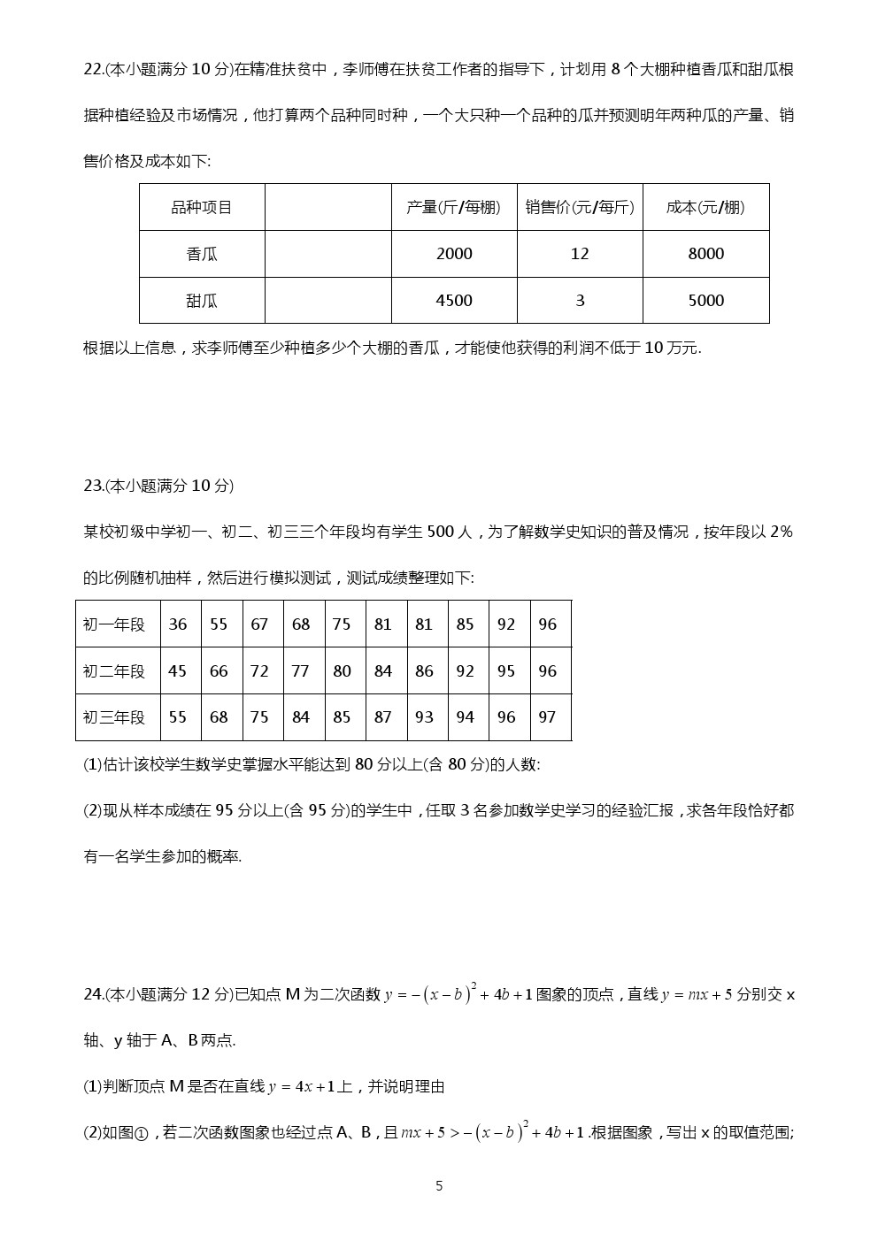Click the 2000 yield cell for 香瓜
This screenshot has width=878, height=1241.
(454, 254)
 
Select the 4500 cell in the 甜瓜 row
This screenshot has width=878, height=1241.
(454, 301)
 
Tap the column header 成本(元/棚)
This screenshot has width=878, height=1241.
(705, 207)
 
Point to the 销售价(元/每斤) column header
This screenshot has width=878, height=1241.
(580, 207)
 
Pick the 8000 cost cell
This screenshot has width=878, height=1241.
(705, 254)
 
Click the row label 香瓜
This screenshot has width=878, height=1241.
(202, 254)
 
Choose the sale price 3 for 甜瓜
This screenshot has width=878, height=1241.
(580, 301)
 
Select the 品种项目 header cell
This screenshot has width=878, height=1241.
(202, 207)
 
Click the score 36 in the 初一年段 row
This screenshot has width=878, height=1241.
(178, 624)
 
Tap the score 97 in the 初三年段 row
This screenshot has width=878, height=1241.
(547, 717)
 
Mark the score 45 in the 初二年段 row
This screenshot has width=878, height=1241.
(178, 671)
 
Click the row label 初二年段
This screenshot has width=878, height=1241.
(114, 671)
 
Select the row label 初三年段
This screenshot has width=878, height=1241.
(114, 717)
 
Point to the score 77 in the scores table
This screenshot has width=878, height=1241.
(300, 671)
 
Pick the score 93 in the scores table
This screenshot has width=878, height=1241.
(424, 717)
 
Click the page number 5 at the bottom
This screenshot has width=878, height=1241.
(439, 1186)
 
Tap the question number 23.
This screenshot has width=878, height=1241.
(93, 486)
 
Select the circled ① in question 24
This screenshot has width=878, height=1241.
(140, 1133)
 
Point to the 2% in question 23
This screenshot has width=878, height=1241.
(782, 532)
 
